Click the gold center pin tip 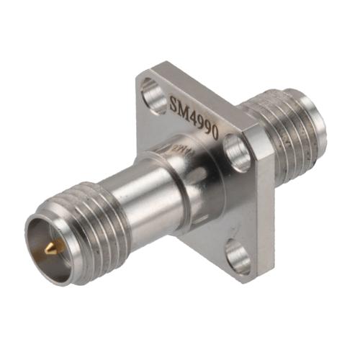click(x=49, y=248)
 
